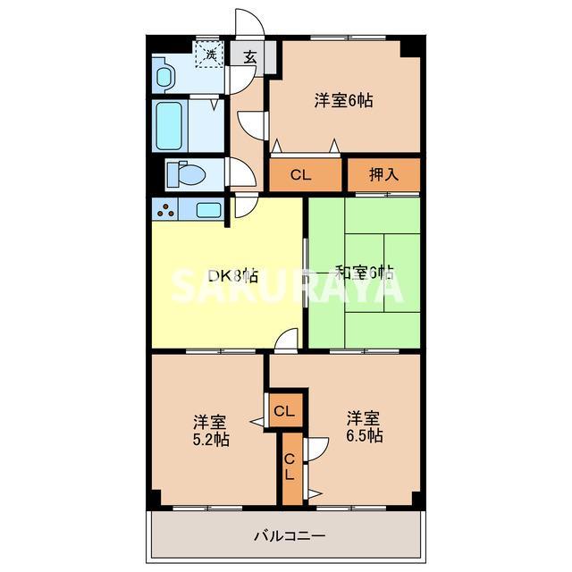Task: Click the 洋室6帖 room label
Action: pyautogui.click(x=343, y=101)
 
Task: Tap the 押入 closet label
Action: pyautogui.click(x=383, y=175)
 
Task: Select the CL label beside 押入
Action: pyautogui.click(x=300, y=175)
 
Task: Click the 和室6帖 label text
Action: pyautogui.click(x=365, y=272)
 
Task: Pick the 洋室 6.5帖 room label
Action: pyautogui.click(x=365, y=427)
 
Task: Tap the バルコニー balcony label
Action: pyautogui.click(x=289, y=536)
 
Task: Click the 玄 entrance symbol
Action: pyautogui.click(x=250, y=56)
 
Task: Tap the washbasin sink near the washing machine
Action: pyautogui.click(x=164, y=75)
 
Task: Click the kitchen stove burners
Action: pyautogui.click(x=166, y=210)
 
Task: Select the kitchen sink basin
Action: pyautogui.click(x=208, y=210)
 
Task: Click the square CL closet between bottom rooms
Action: pyautogui.click(x=284, y=411)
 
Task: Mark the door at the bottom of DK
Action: pyautogui.click(x=286, y=340)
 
